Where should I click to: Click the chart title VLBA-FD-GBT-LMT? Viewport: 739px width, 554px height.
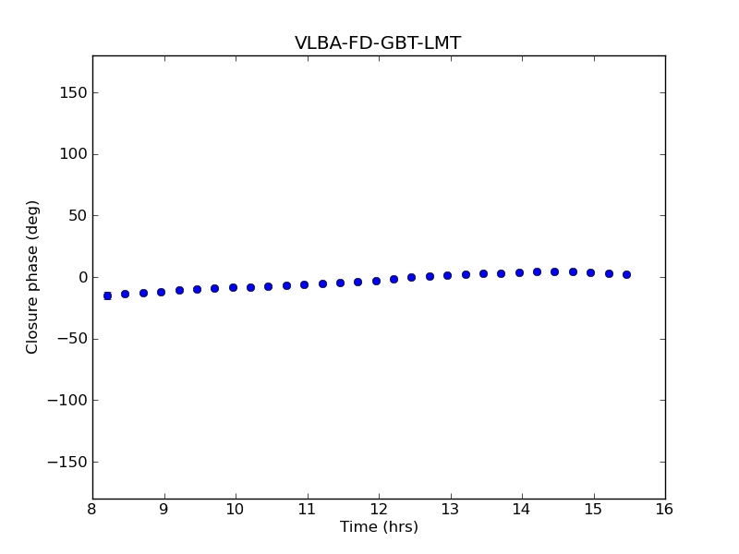(x=378, y=42)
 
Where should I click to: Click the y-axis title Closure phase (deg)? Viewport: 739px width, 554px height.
(x=33, y=277)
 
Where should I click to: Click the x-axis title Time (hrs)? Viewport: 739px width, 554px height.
(x=379, y=527)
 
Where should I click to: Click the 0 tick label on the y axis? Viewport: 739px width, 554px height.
(x=81, y=277)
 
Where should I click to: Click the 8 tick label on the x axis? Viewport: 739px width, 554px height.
(x=92, y=510)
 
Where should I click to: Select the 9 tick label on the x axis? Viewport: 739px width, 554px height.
(x=164, y=510)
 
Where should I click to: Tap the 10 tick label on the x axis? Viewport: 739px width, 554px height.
(x=236, y=510)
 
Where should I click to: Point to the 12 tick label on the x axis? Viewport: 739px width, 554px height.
(x=379, y=510)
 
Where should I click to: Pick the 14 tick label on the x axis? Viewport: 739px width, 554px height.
(x=522, y=510)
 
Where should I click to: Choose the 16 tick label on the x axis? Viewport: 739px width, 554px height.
(x=665, y=510)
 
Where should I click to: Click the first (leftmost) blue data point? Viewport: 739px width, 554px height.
(x=107, y=295)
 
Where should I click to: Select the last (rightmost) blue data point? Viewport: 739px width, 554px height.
(x=626, y=274)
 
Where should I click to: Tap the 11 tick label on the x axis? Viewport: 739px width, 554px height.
(x=307, y=510)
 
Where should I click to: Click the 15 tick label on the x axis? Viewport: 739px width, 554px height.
(x=593, y=510)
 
